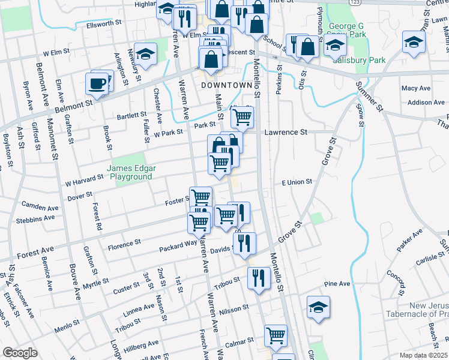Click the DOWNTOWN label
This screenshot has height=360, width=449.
point(226,86)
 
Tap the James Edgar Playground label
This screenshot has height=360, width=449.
point(129,173)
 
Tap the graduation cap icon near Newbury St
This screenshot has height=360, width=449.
point(145,55)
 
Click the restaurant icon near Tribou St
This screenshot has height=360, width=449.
point(259,278)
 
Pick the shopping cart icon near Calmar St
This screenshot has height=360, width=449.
point(276,335)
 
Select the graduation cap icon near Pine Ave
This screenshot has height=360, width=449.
point(318,307)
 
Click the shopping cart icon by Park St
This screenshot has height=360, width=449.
point(242,118)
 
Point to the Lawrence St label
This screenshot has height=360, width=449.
point(286,131)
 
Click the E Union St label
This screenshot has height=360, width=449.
point(297,182)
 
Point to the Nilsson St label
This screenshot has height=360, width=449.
point(234,308)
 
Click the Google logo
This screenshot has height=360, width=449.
point(20,353)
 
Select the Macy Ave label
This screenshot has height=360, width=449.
point(417,88)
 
